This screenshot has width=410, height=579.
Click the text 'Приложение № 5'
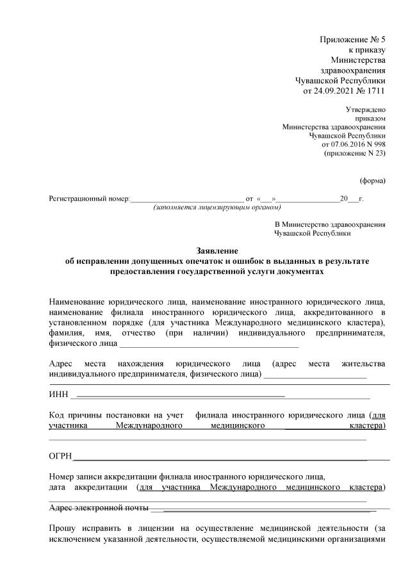pyautogui.click(x=352, y=40)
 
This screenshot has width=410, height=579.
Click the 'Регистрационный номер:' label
pyautogui.click(x=89, y=199)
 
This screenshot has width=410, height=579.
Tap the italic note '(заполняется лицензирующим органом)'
pyautogui.click(x=217, y=208)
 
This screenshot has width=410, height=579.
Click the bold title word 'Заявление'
pyautogui.click(x=217, y=250)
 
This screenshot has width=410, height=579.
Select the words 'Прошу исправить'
pyautogui.click(x=84, y=529)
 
